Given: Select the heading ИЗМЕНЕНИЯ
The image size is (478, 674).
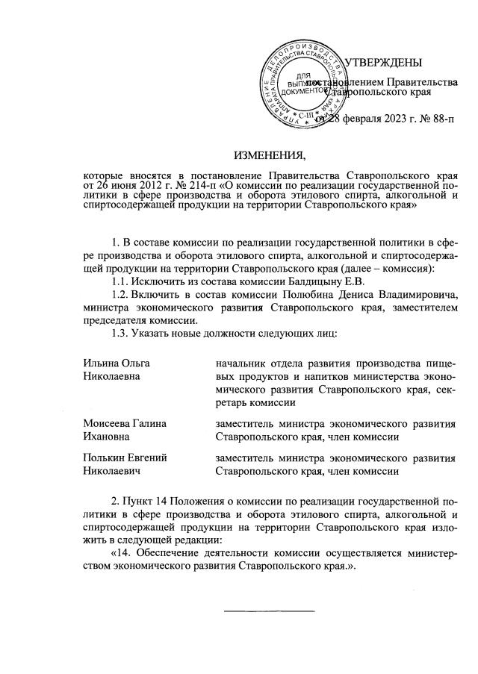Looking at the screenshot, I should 270,156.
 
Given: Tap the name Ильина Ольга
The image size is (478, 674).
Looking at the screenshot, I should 117,362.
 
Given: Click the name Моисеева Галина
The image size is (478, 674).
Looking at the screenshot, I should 124,423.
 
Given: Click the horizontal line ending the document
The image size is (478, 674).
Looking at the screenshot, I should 270,611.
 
